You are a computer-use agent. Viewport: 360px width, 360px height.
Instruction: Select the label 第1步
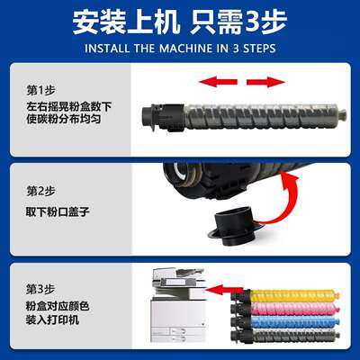click(41, 90)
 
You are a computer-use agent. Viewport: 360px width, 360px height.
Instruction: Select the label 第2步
click(41, 190)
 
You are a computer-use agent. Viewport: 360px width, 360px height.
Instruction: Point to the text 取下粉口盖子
click(58, 211)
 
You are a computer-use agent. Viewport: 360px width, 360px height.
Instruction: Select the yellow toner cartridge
click(288, 294)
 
